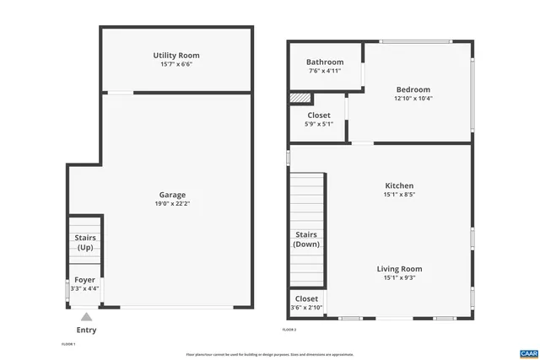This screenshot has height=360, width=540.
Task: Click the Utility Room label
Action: click(175, 56)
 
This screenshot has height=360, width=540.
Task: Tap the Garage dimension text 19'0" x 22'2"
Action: click(172, 203)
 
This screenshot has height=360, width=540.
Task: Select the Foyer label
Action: click(85, 280)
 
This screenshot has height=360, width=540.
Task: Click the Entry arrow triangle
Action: click(86, 317)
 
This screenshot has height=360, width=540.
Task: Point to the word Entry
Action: click(86, 330)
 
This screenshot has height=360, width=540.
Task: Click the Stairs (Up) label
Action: click(85, 243)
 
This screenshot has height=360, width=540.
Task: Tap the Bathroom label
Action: click(325, 62)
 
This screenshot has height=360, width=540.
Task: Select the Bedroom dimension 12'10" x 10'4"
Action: click(413, 99)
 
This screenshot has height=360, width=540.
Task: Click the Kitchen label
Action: click(399, 185)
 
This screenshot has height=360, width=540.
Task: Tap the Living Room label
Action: click(399, 269)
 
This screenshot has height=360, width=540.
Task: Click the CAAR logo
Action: click(528, 352)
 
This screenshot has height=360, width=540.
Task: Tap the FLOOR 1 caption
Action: click(68, 344)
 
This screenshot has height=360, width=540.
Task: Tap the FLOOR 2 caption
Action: click(289, 329)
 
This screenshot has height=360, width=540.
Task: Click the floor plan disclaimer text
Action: click(270, 354)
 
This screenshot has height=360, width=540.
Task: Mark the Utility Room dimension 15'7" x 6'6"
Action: click(175, 65)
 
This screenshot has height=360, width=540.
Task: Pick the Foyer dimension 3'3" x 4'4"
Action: click(85, 288)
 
